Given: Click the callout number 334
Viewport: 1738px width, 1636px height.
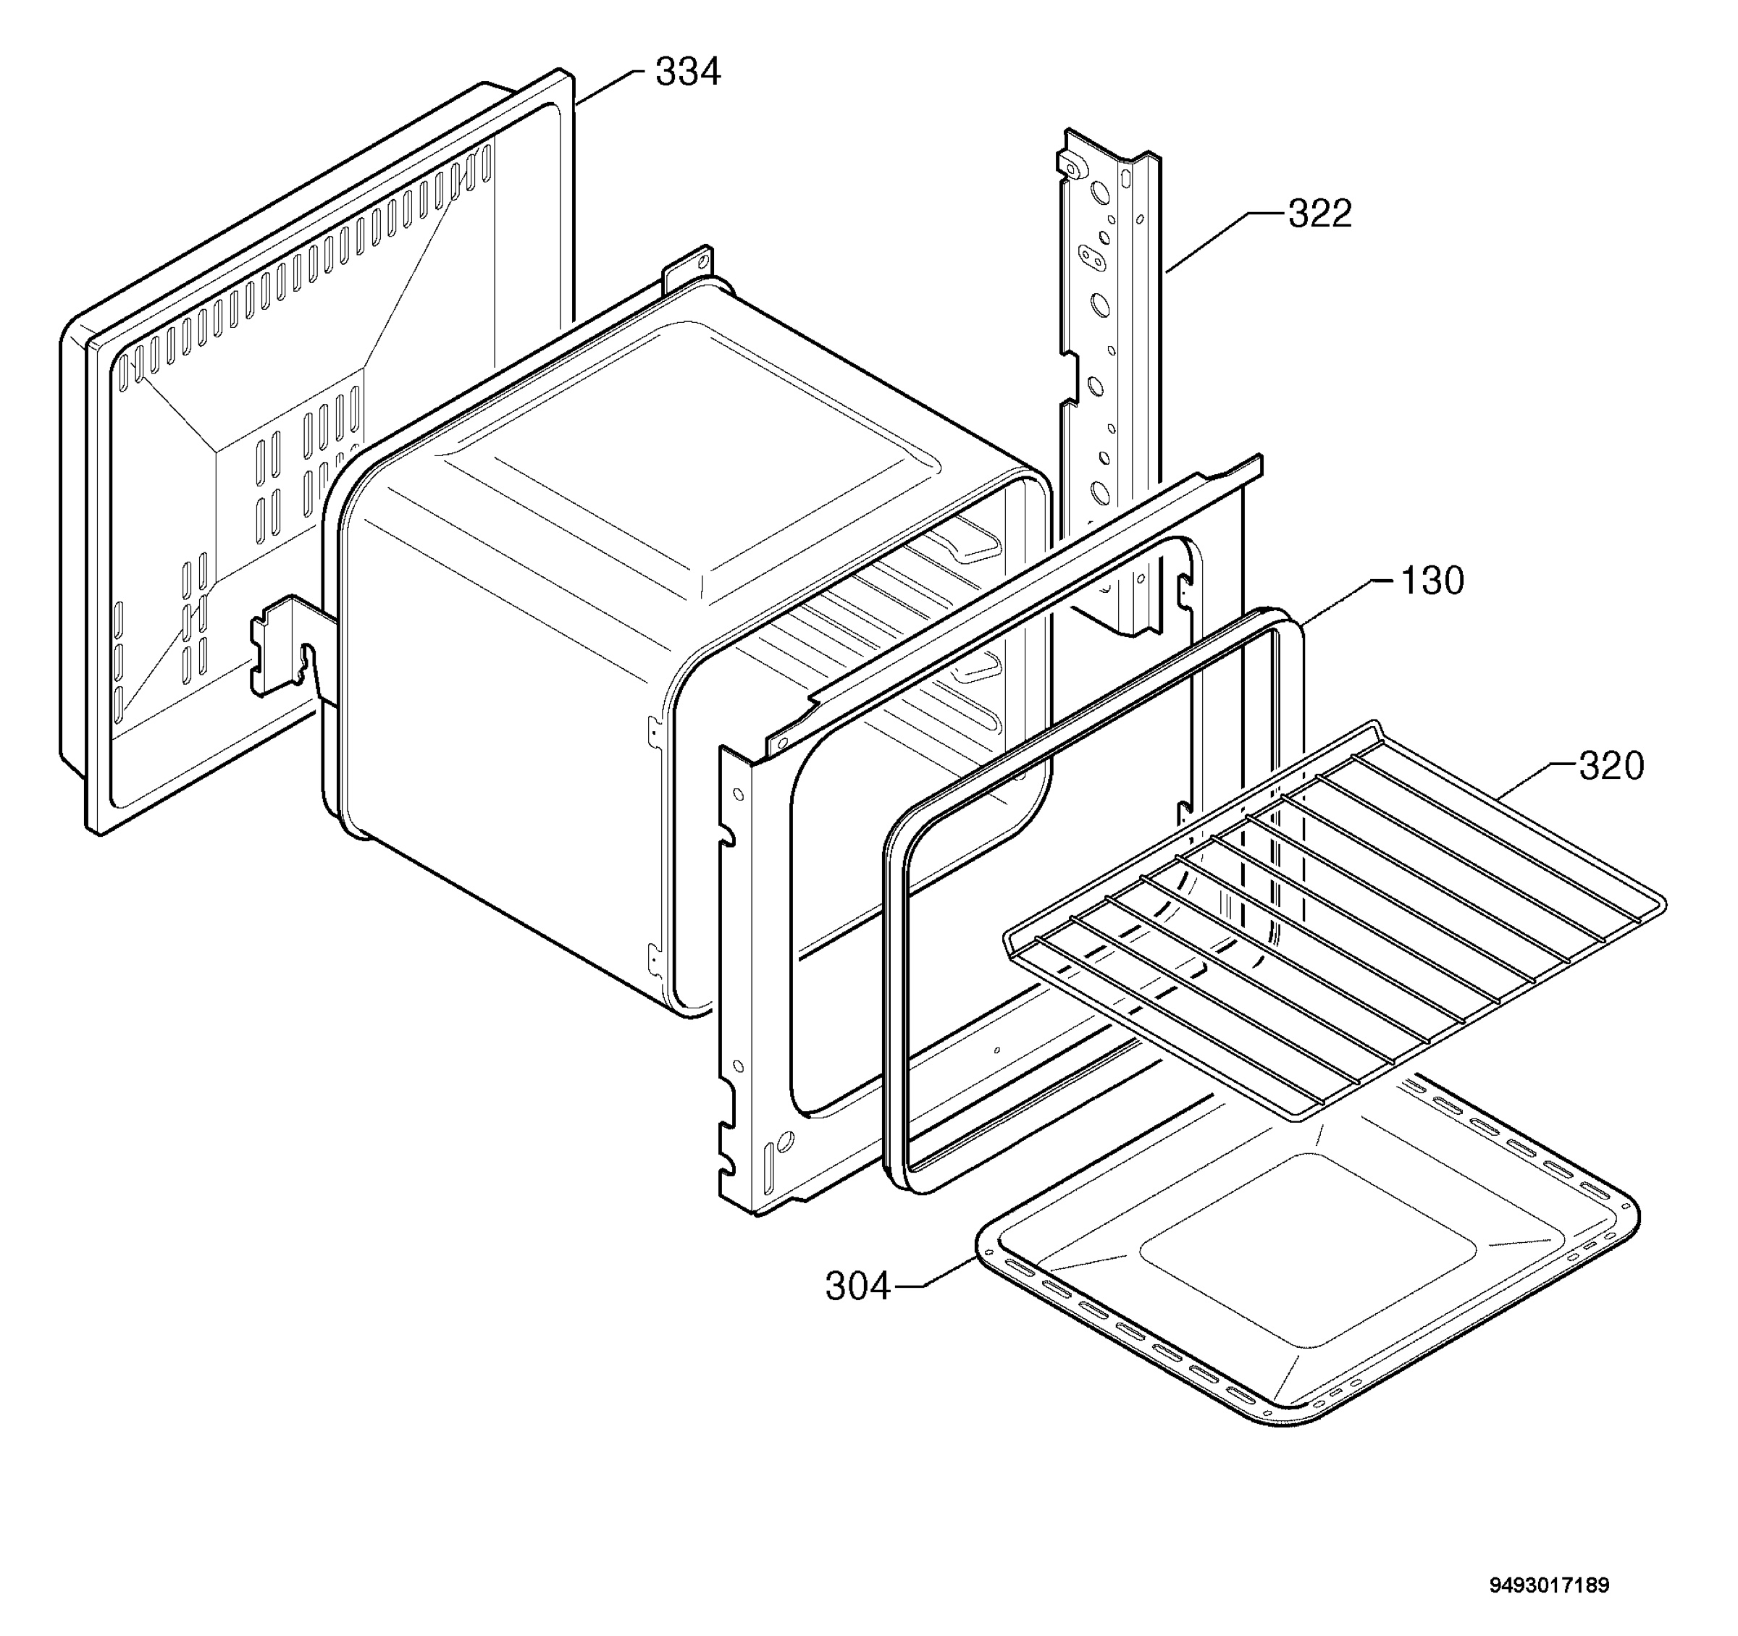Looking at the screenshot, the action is pos(688,72).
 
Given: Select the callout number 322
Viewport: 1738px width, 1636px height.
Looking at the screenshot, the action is pos(1320,214).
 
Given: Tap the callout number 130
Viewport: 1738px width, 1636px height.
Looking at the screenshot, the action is pos(1432,581).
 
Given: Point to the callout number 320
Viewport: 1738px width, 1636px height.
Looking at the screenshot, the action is pos(1611,766).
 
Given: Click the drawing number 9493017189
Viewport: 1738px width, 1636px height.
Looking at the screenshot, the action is pos(1550,1585).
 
